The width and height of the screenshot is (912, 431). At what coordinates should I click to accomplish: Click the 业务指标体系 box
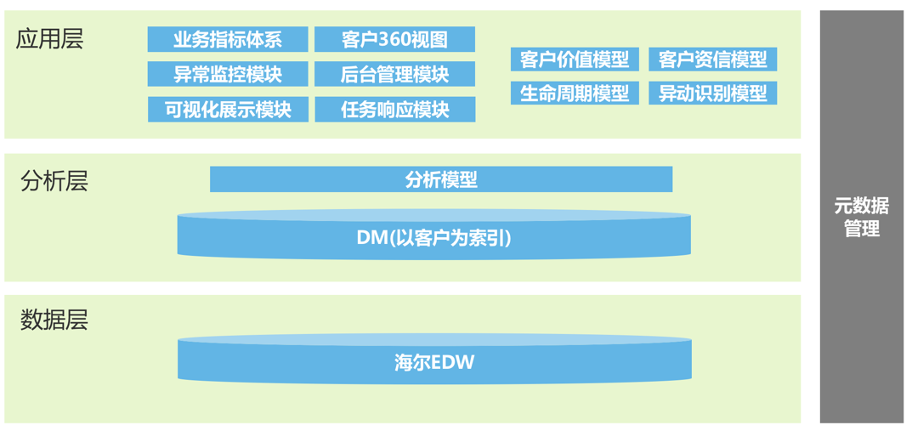pyautogui.click(x=227, y=39)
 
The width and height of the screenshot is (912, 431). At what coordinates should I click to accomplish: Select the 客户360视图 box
pyautogui.click(x=394, y=39)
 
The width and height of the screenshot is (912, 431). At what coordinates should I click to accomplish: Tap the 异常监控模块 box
pyautogui.click(x=227, y=74)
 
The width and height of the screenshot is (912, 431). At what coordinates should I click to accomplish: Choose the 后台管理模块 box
pyautogui.click(x=394, y=74)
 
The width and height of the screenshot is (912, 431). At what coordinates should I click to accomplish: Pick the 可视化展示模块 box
pyautogui.click(x=227, y=109)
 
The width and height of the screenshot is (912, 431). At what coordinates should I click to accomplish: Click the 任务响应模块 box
pyautogui.click(x=394, y=109)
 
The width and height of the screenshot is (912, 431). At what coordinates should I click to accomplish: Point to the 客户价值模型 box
pyautogui.click(x=575, y=60)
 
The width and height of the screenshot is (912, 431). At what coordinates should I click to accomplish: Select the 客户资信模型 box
pyautogui.click(x=712, y=60)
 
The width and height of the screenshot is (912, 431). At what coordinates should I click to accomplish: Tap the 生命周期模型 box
pyautogui.click(x=575, y=93)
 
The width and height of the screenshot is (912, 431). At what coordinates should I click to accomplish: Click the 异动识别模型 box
pyautogui.click(x=712, y=93)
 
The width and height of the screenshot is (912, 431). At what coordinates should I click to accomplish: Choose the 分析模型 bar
pyautogui.click(x=440, y=179)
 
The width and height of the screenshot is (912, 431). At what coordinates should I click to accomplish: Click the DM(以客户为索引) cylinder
pyautogui.click(x=433, y=237)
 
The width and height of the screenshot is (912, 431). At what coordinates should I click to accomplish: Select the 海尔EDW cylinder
pyautogui.click(x=433, y=362)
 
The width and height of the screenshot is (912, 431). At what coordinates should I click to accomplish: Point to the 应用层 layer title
pyautogui.click(x=50, y=39)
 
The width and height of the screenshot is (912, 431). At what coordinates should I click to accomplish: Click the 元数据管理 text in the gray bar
pyautogui.click(x=861, y=217)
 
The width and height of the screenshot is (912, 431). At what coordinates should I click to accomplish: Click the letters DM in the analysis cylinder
pyautogui.click(x=371, y=237)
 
